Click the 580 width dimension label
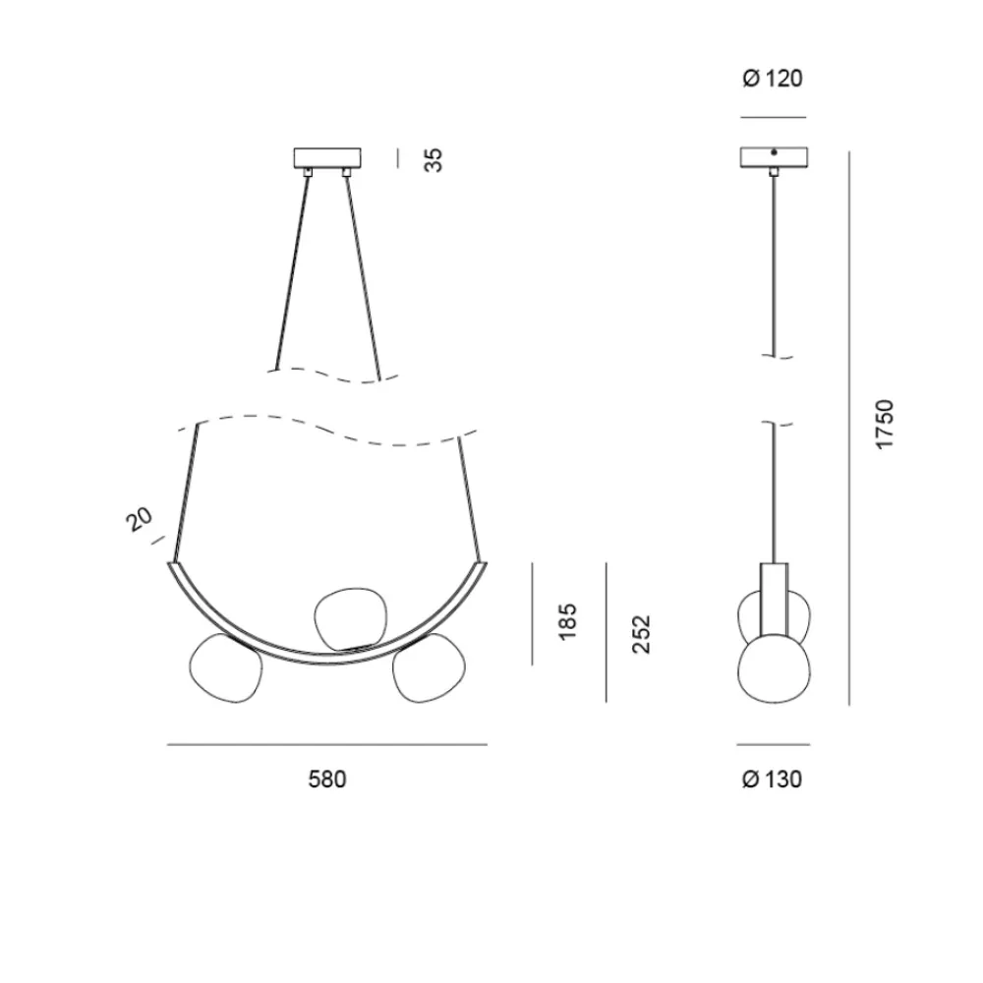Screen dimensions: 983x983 [326, 780]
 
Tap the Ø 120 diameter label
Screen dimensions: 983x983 [773, 79]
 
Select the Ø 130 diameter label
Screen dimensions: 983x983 [772, 780]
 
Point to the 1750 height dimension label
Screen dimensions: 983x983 [884, 424]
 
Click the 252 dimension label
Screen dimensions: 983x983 [641, 634]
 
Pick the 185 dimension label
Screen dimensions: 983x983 [567, 622]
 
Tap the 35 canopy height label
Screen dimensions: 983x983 [434, 160]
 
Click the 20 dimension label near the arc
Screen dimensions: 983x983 [140, 519]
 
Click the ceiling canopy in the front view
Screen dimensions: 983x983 [327, 158]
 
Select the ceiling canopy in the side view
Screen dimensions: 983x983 [774, 157]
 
